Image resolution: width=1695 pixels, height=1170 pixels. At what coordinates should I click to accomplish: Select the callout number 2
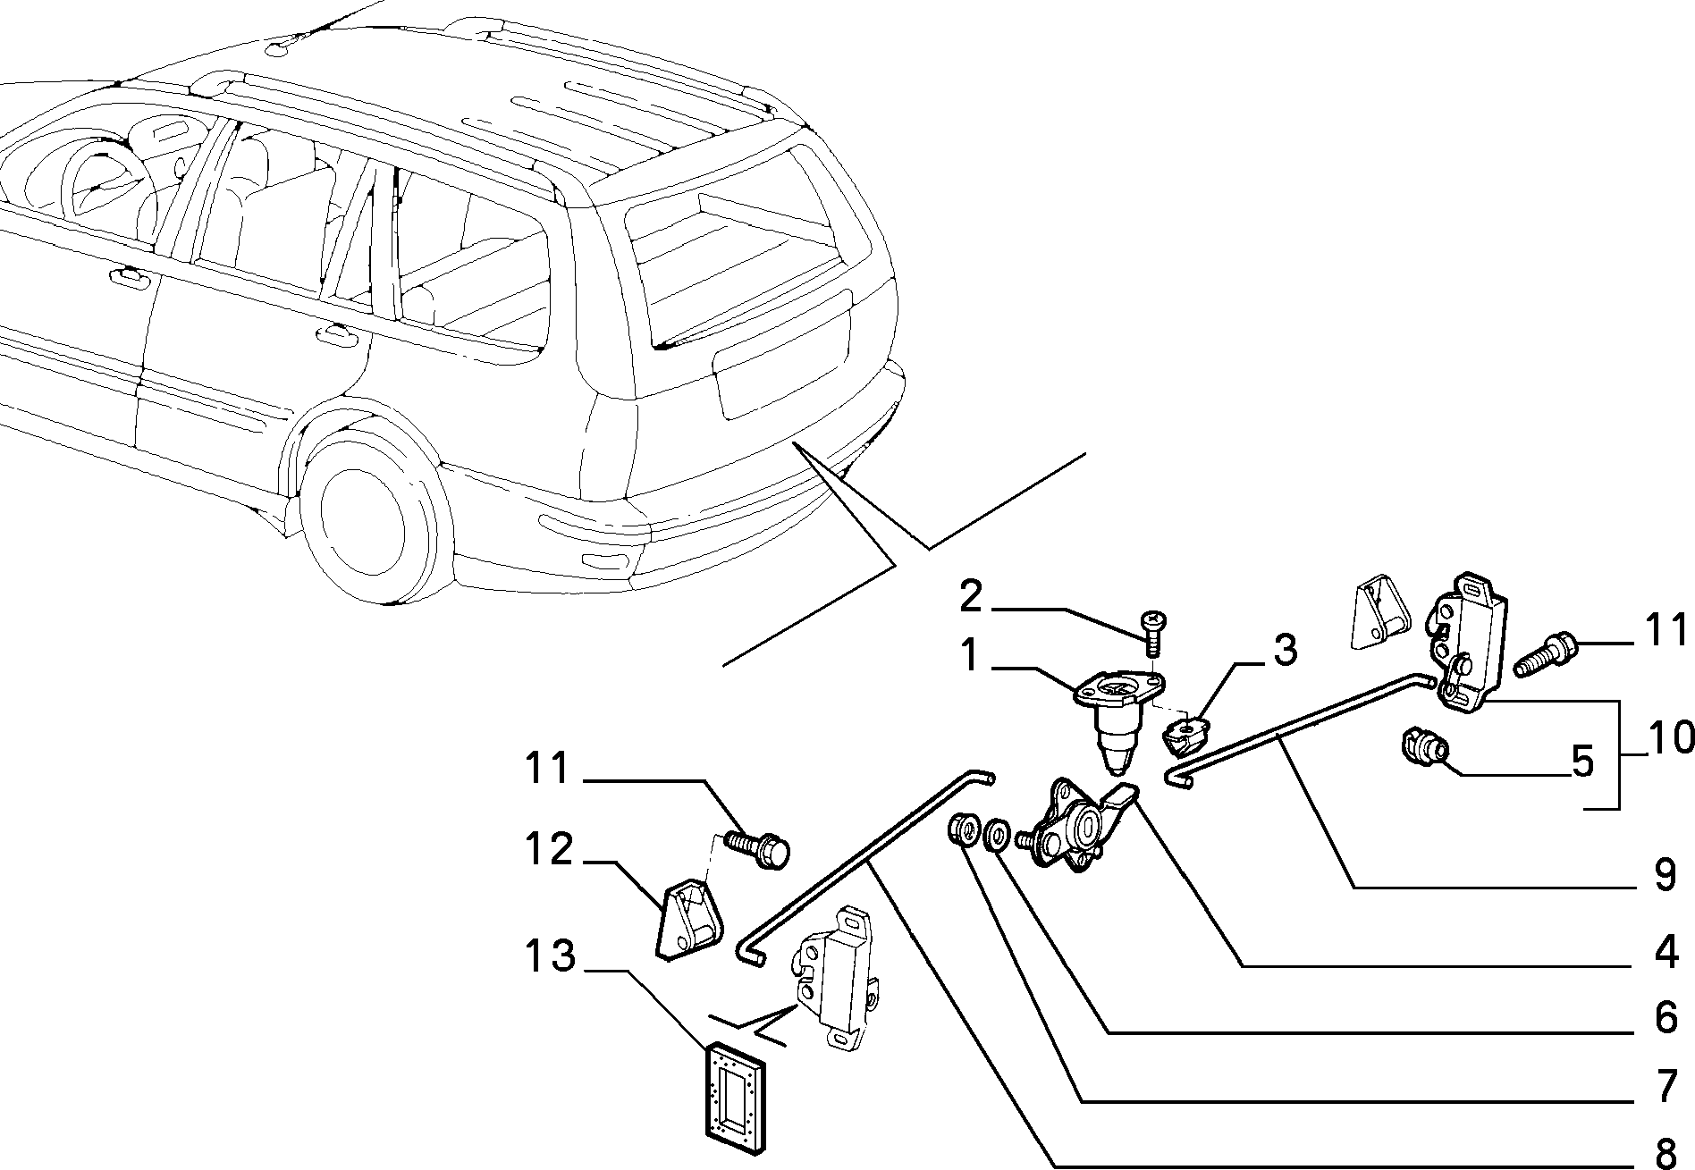pos(971,596)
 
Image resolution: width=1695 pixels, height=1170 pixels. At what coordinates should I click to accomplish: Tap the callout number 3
pos(1285,651)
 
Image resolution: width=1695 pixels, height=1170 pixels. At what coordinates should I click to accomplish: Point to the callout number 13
pos(548,956)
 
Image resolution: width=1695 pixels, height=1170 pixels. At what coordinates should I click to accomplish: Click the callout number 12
pos(549,849)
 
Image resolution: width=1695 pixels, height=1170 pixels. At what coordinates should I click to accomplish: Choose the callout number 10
pos(1668,738)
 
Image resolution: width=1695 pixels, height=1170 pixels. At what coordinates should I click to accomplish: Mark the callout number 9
pos(1665,876)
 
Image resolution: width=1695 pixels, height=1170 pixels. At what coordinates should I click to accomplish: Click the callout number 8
pos(1665,1150)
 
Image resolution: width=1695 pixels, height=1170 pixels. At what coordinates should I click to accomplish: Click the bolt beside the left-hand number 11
pos(758,849)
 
